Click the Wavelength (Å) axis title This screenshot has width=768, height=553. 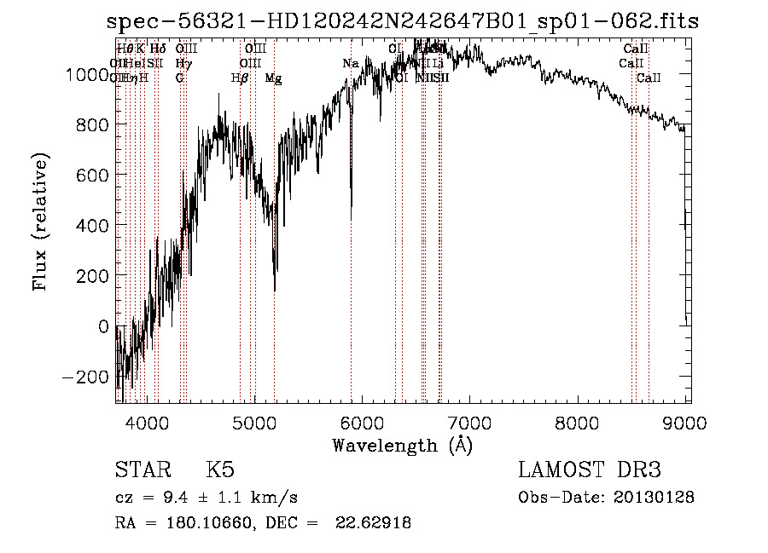402,445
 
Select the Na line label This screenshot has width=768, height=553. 351,64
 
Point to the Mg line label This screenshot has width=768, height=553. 274,78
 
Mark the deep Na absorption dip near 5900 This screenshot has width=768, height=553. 351,204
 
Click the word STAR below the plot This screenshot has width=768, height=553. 142,470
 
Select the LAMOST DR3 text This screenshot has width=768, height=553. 590,470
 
